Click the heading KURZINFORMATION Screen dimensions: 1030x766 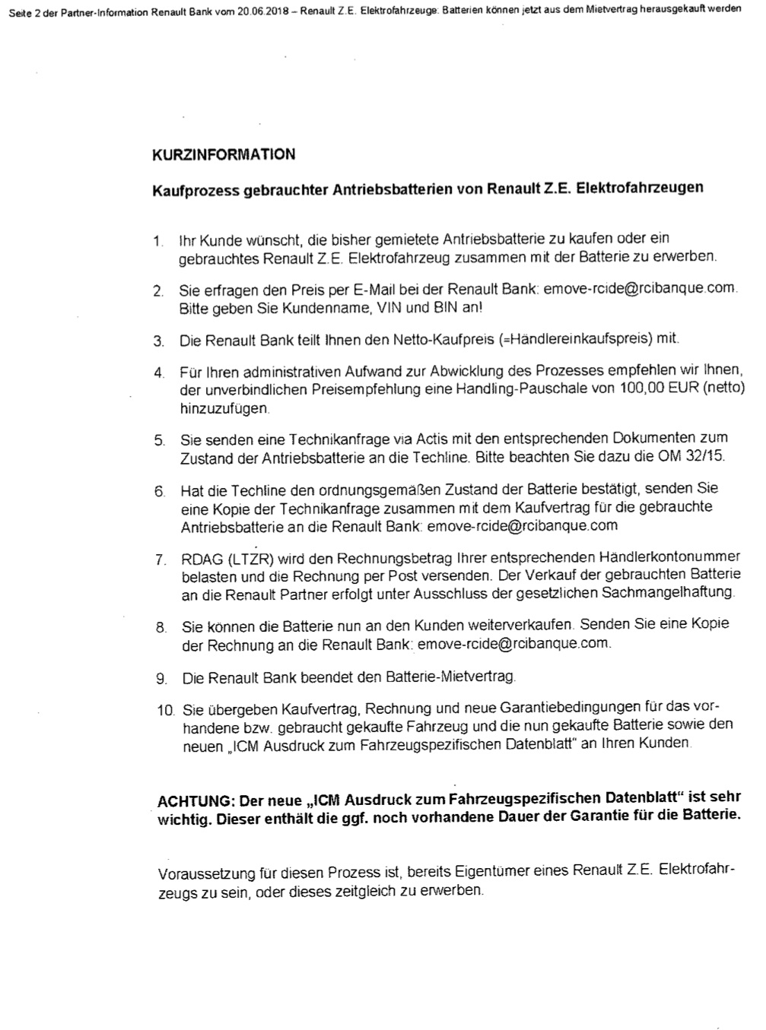pos(224,154)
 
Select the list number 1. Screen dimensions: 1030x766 pos(158,242)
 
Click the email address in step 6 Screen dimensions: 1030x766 pos(523,526)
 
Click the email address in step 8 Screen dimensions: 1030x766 pos(513,644)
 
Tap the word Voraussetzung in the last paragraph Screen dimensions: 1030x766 pos(202,873)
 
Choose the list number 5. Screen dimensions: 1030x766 pos(160,440)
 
